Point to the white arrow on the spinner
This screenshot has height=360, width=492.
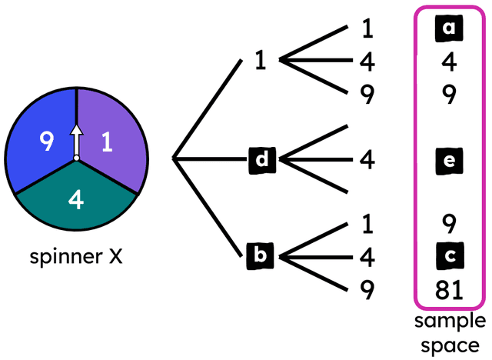76,140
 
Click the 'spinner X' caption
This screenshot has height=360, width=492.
75,256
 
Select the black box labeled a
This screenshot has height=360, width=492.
450,31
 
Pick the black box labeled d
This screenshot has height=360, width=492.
262,160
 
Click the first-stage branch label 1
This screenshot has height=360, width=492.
261,62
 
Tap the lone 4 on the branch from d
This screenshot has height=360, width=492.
367,160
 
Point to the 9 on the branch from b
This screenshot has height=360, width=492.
367,289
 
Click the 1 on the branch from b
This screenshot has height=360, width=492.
367,224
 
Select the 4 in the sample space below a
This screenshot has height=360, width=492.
450,62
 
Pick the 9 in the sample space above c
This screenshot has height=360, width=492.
450,224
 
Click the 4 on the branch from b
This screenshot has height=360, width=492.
367,256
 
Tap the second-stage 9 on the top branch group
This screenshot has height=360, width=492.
367,94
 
